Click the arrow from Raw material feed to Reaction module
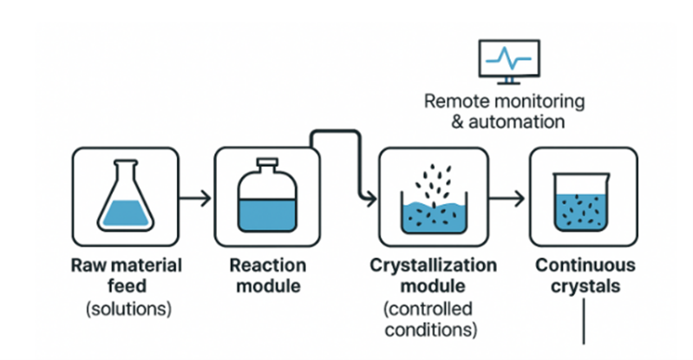click(196, 198)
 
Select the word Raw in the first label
click(88, 265)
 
